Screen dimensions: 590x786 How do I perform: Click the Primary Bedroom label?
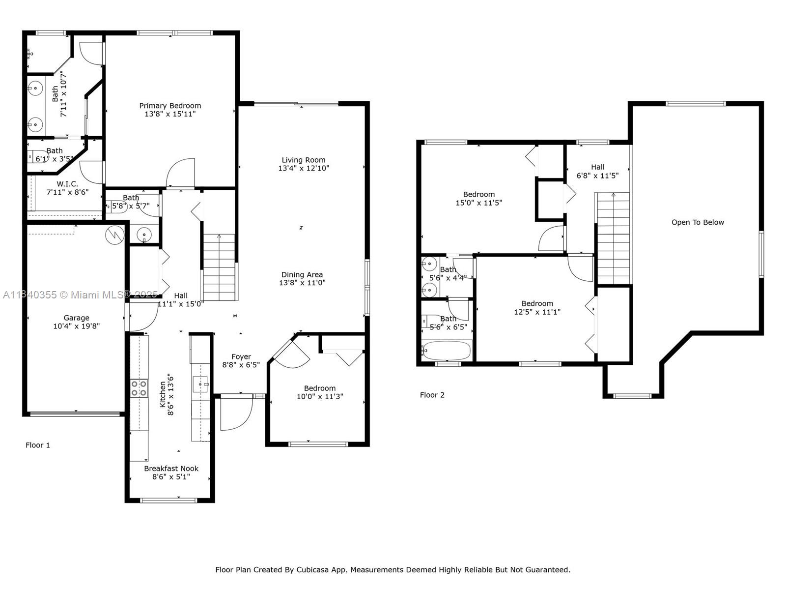(x=170, y=106)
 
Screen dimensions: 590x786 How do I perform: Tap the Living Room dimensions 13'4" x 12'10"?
(x=303, y=168)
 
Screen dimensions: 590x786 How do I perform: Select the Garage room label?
(x=76, y=318)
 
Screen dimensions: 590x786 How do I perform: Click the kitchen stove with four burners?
(x=139, y=388)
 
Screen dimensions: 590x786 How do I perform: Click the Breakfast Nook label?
(x=171, y=469)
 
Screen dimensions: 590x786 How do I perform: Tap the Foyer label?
(x=241, y=357)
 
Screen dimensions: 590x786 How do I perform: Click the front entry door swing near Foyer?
(x=236, y=413)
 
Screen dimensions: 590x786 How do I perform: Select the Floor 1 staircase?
(x=219, y=268)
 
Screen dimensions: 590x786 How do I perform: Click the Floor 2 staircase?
(x=613, y=238)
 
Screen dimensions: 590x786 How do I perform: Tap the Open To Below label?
(x=698, y=222)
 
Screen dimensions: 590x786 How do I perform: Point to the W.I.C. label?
(x=67, y=184)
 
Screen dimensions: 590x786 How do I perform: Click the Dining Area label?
(x=302, y=275)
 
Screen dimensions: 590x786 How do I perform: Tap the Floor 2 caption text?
(x=432, y=395)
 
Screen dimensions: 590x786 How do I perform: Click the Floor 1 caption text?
(x=38, y=445)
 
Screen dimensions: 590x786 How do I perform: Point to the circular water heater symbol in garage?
(x=115, y=235)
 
